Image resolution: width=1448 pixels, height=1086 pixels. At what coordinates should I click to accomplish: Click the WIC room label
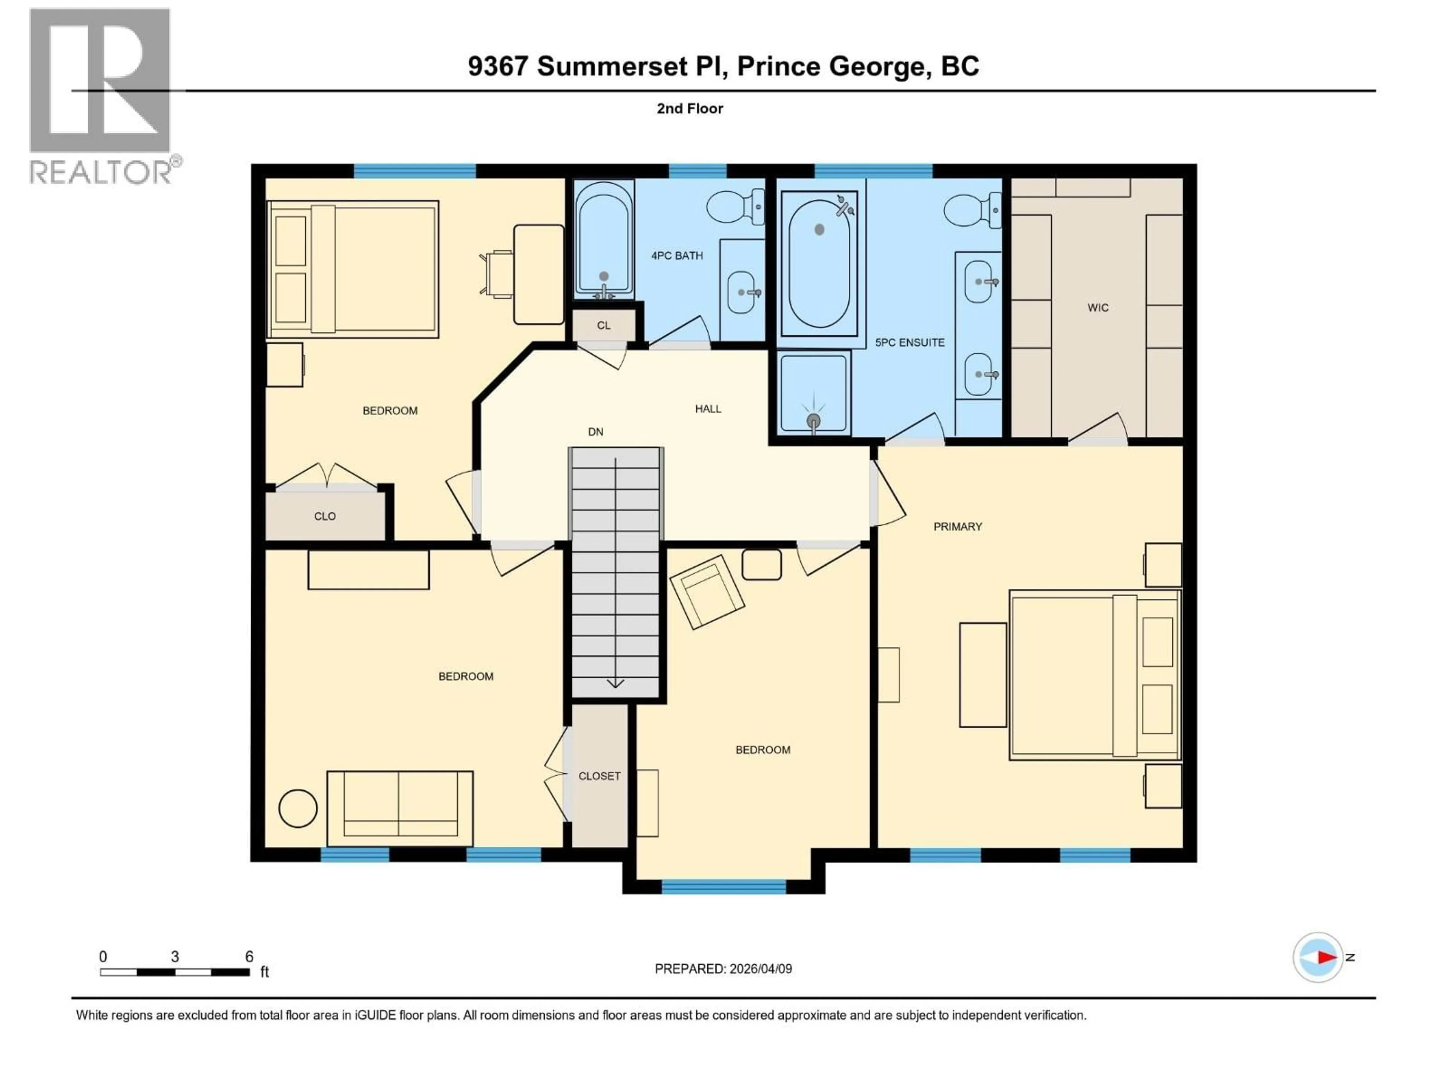pos(1098,308)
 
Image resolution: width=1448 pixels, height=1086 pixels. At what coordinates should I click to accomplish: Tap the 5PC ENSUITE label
pos(909,342)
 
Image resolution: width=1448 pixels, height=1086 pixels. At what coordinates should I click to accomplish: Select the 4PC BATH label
pos(677,255)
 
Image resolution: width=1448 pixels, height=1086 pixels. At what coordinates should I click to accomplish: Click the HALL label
pos(708,408)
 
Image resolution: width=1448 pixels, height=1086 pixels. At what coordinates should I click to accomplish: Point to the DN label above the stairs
pos(595,431)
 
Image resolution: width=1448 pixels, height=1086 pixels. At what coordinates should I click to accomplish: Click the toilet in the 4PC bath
pos(735,206)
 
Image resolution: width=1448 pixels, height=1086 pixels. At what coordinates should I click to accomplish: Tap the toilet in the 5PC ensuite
pos(971,210)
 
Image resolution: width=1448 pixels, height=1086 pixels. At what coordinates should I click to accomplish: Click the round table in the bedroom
pos(298,808)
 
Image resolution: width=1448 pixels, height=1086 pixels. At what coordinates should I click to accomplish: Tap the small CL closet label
pos(603,325)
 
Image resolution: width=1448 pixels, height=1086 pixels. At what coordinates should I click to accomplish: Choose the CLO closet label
pos(325,516)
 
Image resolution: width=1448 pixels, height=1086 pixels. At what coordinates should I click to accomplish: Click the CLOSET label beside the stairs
pos(599,776)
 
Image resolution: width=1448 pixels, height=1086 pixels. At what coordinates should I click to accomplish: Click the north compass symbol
pos(1318,957)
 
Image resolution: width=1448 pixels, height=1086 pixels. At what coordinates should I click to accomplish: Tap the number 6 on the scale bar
pos(249,956)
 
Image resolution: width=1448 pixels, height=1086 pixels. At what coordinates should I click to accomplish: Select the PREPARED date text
pos(723,969)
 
